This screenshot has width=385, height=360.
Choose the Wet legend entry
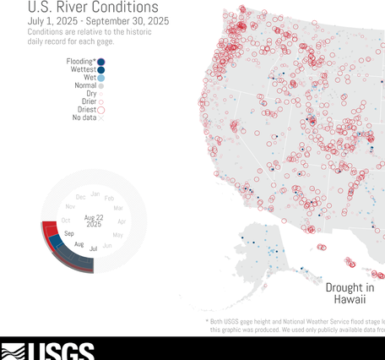coord(89,78)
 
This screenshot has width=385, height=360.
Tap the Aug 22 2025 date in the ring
coord(93,221)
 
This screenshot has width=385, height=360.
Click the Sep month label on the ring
coord(69,233)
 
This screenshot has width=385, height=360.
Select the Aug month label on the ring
coord(79,244)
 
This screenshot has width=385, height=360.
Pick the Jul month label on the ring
coord(93,248)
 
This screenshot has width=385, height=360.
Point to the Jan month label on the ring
coord(95,194)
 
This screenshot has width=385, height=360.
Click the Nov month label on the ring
coord(71,206)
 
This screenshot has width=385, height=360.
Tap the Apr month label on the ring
coord(121,221)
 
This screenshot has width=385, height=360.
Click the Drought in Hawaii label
coord(350,293)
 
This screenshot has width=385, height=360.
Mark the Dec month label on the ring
coord(81,197)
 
